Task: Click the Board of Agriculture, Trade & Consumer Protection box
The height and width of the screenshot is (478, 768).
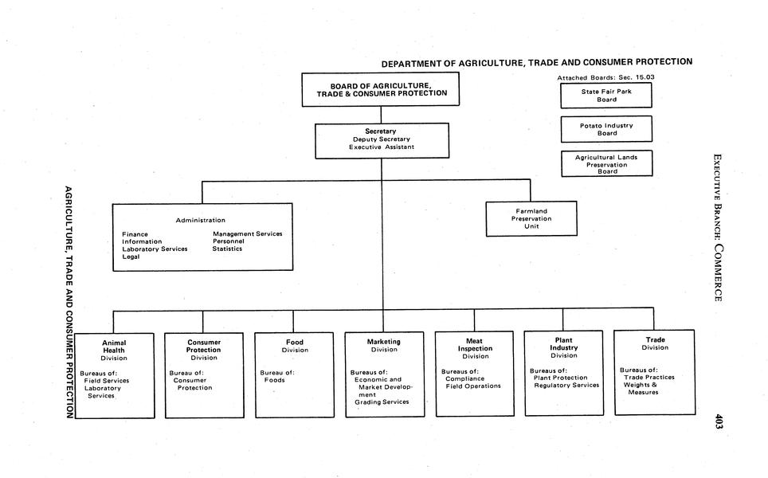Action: (x=381, y=89)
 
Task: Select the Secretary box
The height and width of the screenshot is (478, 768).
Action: (x=380, y=139)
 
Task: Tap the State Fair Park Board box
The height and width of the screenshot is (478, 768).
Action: (x=606, y=96)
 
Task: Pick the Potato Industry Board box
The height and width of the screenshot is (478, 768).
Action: (x=606, y=129)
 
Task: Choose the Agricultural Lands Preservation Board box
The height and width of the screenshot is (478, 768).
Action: (x=606, y=164)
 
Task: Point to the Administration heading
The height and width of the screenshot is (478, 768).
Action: (x=200, y=220)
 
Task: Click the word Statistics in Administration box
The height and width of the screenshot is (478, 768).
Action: (x=227, y=249)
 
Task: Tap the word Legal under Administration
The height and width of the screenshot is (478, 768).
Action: (x=131, y=257)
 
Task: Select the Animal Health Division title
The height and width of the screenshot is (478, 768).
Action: (x=114, y=351)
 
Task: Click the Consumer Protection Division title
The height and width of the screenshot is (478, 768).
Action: (x=204, y=350)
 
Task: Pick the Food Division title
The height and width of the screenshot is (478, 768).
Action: (x=294, y=346)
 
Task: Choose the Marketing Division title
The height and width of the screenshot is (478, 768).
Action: (x=384, y=345)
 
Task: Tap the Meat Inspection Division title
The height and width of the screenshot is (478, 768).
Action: (x=475, y=348)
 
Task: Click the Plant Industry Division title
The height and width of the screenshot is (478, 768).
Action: (x=563, y=347)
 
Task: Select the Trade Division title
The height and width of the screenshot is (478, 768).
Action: (x=655, y=343)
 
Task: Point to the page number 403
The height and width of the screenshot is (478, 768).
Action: (x=719, y=422)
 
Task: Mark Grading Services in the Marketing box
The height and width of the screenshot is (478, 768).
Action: (x=382, y=402)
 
